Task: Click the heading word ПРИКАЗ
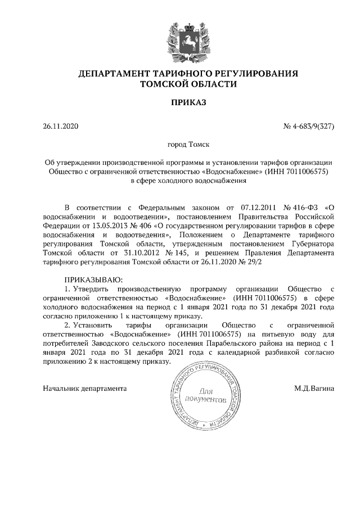pos(180,102)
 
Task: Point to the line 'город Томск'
pos(180,145)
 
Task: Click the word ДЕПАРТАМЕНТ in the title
pos(115,74)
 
